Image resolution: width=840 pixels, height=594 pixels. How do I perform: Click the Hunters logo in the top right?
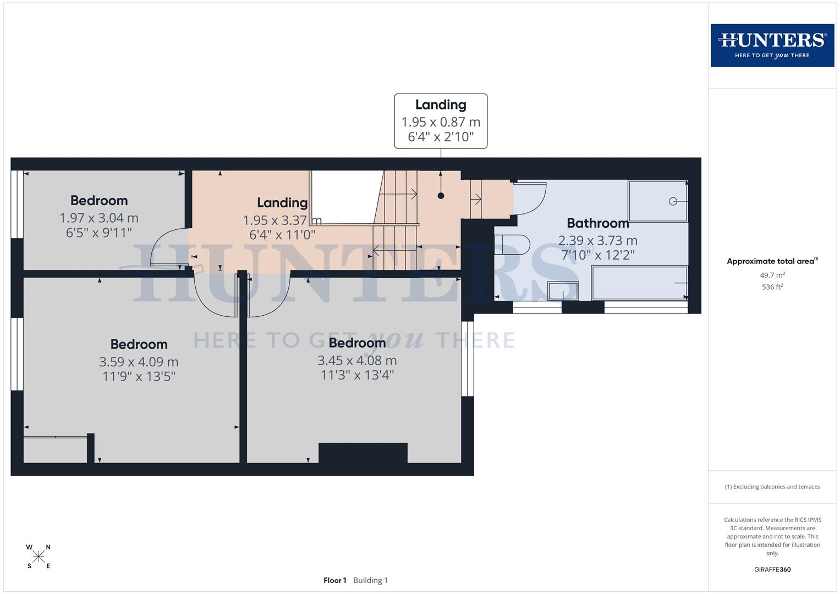(772, 45)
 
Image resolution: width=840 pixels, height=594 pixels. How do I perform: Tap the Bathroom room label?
(597, 223)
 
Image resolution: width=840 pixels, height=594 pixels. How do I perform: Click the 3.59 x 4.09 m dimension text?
(139, 362)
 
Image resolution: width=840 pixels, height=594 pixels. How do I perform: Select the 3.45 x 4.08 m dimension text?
(357, 360)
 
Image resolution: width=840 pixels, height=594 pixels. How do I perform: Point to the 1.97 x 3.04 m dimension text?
(99, 218)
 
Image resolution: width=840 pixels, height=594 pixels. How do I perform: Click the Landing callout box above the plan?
(441, 121)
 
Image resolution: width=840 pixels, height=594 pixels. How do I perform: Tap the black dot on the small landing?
(441, 196)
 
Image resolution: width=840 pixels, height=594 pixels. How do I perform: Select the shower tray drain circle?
(673, 201)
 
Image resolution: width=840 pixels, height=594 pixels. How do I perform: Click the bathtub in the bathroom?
(639, 283)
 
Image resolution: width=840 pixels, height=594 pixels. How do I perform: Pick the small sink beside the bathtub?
(563, 290)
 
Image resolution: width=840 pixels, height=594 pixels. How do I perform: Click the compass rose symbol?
(39, 557)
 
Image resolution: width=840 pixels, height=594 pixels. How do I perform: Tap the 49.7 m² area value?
(772, 275)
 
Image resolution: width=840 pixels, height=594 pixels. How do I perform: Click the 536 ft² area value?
(772, 287)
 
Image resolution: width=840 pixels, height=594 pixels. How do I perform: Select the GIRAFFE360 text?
(772, 569)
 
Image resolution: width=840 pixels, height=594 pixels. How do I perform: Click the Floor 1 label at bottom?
(334, 580)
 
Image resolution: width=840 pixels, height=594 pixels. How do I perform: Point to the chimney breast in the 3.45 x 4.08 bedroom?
(363, 453)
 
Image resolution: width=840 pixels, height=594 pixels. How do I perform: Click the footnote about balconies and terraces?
(772, 487)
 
